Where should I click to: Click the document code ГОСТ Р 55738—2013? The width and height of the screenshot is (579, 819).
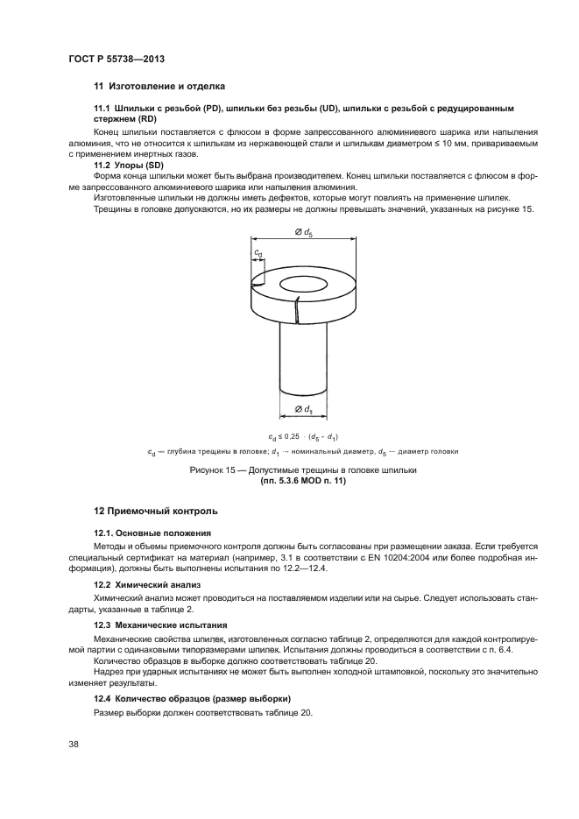[117, 58]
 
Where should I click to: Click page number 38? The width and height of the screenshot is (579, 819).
[74, 744]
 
